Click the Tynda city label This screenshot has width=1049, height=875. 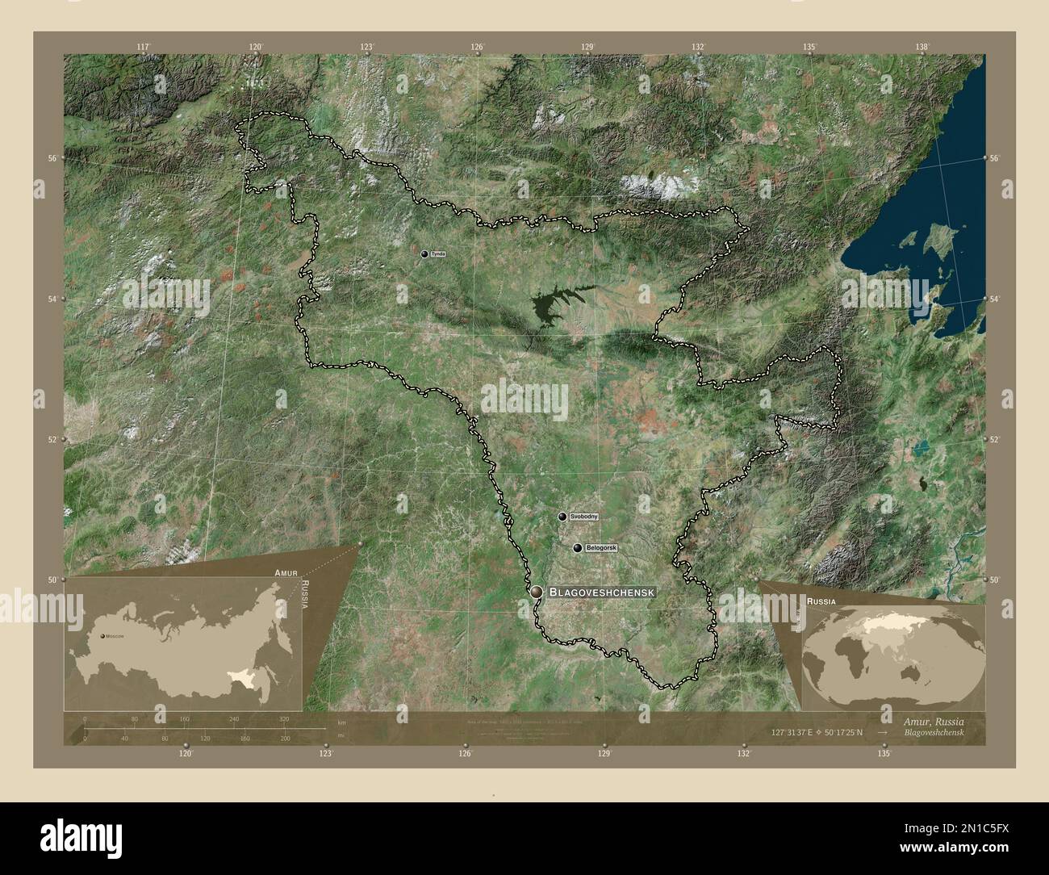438,253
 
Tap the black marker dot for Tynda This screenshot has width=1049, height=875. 424,253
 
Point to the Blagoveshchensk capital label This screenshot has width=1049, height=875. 601,592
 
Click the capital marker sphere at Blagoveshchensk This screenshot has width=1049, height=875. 537,592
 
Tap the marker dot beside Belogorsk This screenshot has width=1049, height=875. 578,548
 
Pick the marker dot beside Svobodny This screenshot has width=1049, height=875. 562,516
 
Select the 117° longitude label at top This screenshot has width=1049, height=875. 144,47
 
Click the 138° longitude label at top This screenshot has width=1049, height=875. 922,47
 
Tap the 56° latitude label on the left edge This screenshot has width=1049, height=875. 51,158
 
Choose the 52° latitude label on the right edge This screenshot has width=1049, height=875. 995,440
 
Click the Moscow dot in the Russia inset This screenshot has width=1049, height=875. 102,636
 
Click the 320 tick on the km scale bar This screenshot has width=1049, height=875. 284,718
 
